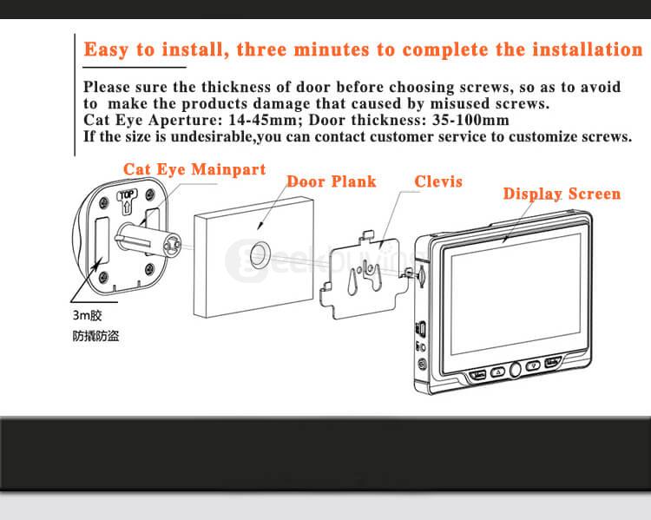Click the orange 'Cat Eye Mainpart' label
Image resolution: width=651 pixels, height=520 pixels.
tap(194, 169)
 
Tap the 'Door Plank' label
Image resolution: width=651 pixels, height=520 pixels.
tap(332, 181)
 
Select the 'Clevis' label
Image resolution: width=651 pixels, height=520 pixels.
tap(438, 181)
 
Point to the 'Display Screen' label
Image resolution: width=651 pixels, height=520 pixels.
tap(562, 194)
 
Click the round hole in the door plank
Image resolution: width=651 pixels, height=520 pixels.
tap(260, 256)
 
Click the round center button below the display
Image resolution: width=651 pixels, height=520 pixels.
tap(515, 369)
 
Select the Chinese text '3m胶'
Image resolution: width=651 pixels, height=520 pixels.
tap(87, 315)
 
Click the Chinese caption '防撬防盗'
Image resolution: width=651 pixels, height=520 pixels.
tap(95, 336)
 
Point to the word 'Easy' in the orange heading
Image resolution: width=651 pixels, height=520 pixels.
tap(106, 49)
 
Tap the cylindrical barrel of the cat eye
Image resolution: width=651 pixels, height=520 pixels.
tap(148, 240)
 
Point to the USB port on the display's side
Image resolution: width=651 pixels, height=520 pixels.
tap(420, 328)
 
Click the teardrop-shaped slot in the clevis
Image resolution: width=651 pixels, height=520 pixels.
tap(352, 282)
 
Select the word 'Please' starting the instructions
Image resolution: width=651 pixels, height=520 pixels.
tap(107, 87)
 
